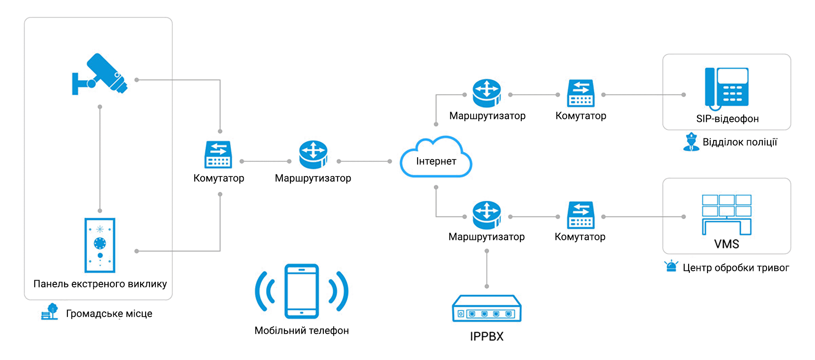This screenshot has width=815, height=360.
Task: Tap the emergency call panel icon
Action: click(100, 245)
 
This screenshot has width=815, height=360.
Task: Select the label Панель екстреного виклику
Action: click(100, 284)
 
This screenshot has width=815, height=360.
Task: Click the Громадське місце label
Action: click(109, 314)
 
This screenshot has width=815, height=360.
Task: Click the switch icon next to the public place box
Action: click(218, 155)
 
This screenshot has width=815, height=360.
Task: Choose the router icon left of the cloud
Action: click(313, 155)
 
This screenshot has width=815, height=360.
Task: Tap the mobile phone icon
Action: click(302, 291)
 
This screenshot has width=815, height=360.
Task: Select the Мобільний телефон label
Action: click(301, 331)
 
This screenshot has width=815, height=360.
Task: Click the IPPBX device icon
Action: click(486, 309)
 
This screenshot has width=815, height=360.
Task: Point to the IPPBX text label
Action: click(486, 337)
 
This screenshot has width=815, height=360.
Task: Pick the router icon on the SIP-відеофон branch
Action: click(487, 93)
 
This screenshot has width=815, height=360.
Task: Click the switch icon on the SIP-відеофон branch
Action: click(581, 93)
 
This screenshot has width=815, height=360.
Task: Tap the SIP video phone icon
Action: click(727, 87)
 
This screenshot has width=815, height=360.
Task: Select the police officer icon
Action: click(691, 142)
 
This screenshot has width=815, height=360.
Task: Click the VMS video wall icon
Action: click(727, 215)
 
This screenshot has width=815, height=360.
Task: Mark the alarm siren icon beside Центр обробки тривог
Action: click(671, 266)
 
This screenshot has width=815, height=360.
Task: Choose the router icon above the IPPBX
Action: click(487, 215)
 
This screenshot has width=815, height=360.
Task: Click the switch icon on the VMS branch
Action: click(581, 215)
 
